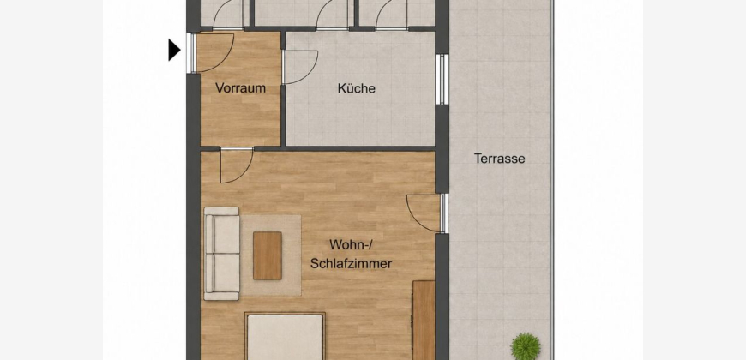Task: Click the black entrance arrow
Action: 174,50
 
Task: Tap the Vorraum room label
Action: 240,88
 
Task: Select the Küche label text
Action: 357,88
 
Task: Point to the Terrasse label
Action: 500,159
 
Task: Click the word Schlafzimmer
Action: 351,263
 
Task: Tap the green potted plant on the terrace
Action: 526,345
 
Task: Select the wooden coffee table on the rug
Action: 268,255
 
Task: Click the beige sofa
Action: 222,254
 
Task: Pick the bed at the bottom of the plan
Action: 286,336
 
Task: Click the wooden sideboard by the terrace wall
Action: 424,320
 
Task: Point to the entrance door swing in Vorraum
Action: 215,52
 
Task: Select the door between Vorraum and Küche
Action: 300,67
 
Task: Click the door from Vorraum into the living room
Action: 237,165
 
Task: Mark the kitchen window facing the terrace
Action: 442,80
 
